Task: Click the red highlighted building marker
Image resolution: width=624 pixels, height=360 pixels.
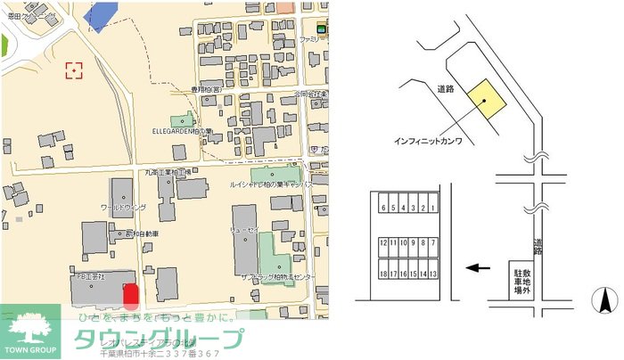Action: pos(130,295)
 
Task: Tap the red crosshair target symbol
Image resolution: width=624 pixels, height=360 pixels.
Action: pos(74,70)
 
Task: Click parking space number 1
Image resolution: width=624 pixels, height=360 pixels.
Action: pos(433,209)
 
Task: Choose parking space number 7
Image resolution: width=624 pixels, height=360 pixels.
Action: pos(433,242)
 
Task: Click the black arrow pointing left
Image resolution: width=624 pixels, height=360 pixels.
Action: pos(479,267)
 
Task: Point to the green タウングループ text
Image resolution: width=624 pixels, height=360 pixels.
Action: pos(157,339)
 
